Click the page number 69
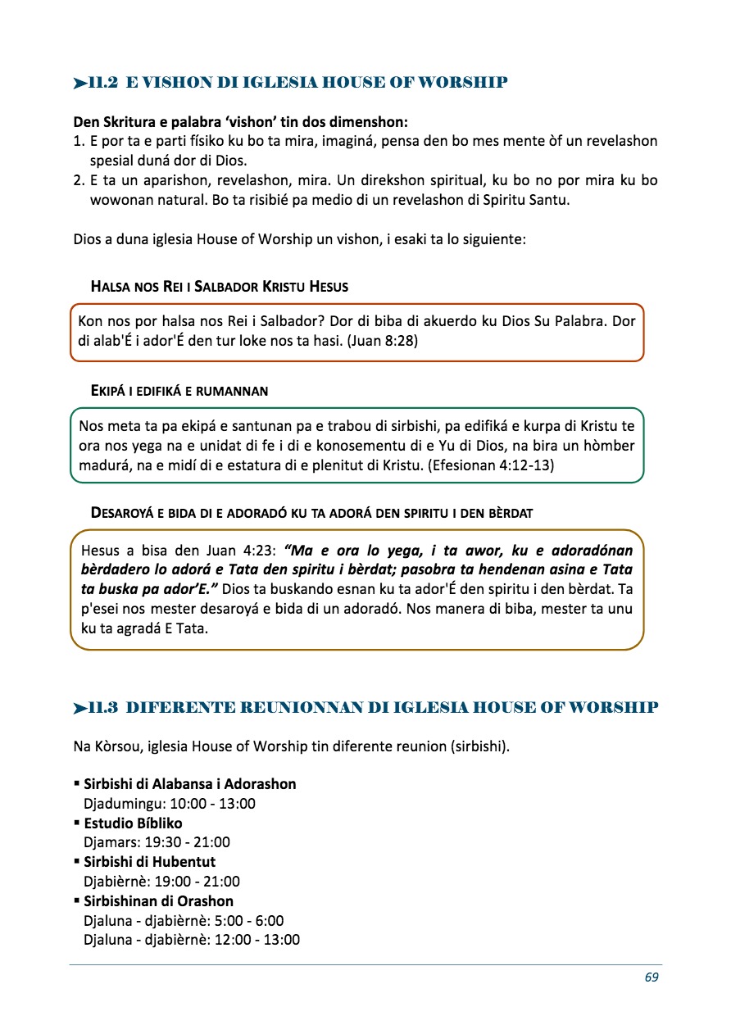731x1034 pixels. (652, 977)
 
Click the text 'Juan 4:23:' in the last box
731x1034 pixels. (247, 551)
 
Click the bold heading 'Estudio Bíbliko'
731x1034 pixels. (133, 823)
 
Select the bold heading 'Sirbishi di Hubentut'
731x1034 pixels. (149, 862)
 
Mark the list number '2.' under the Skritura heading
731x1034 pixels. (79, 179)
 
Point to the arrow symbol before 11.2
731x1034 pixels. (79, 83)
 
